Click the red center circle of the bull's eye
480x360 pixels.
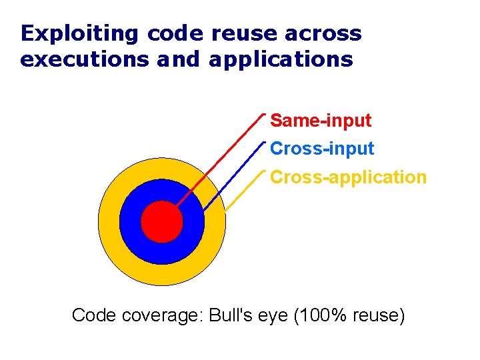[162, 221]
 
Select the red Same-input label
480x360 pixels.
[321, 121]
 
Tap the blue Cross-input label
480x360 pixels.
[322, 149]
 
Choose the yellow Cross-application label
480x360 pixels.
[348, 177]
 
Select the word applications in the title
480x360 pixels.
[280, 59]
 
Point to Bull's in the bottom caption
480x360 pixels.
[229, 315]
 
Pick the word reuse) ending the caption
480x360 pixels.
[379, 315]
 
